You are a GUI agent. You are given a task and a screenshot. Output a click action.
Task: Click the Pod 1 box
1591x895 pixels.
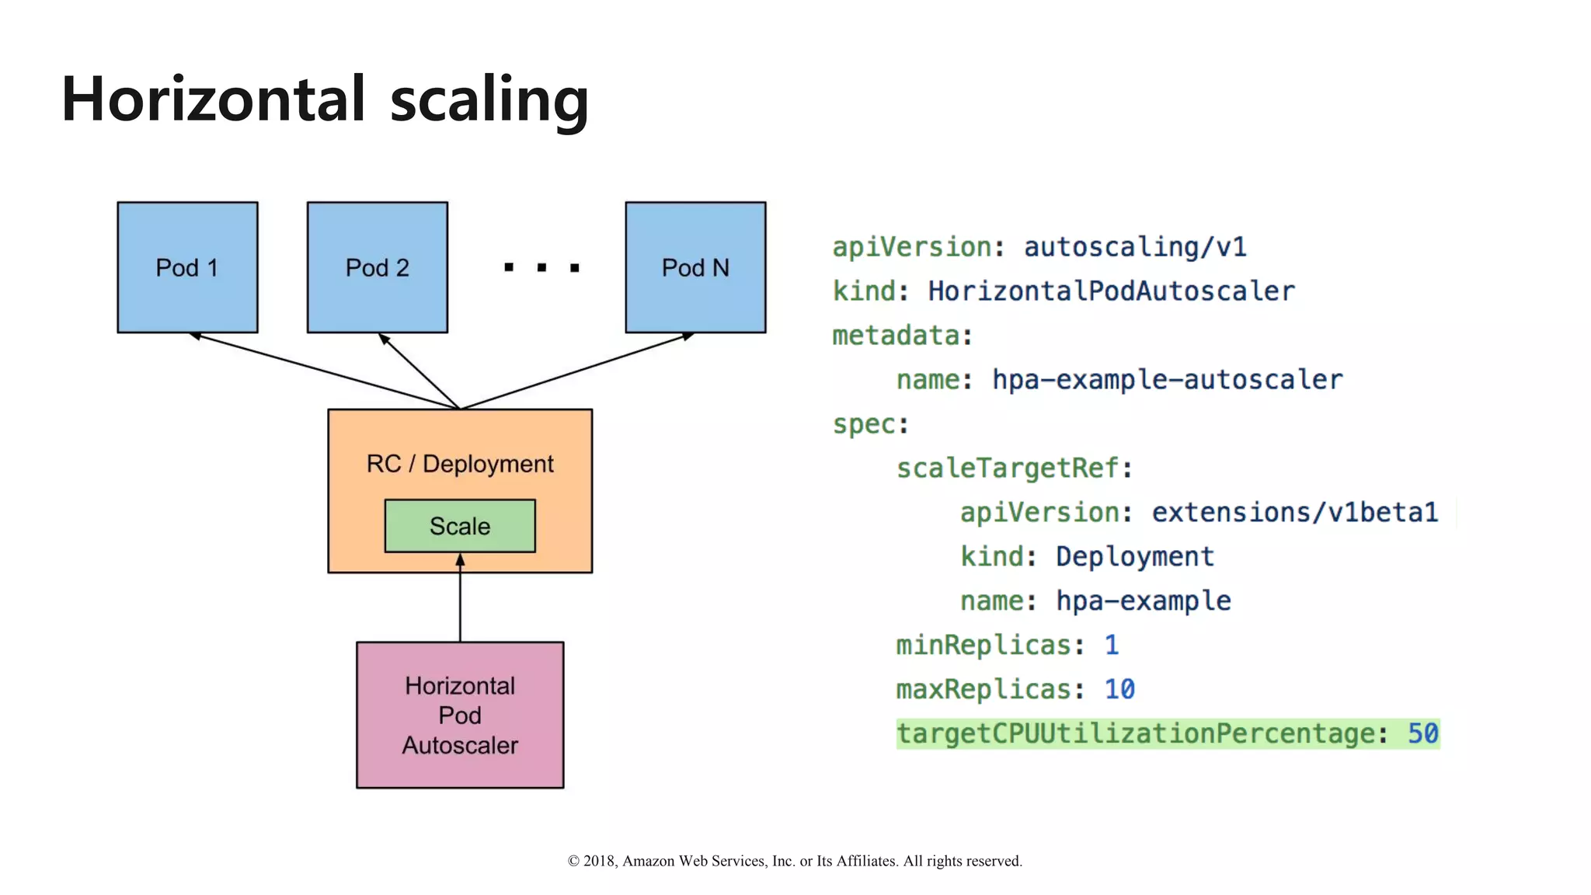coord(187,267)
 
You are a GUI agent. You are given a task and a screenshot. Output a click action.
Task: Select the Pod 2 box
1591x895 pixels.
coord(377,267)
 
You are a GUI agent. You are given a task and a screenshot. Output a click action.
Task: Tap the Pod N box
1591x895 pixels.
coord(695,267)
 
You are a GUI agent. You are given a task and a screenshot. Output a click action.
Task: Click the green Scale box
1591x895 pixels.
coord(460,526)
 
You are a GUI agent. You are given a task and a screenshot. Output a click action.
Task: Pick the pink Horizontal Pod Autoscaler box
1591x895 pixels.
coord(460,715)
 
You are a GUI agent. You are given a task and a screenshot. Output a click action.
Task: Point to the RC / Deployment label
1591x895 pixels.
coord(460,464)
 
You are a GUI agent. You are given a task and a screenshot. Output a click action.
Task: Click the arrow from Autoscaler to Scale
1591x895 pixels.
coord(460,598)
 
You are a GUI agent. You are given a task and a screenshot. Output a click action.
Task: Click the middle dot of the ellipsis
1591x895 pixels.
coord(541,268)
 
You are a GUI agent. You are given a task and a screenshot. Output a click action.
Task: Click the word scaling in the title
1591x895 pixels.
coord(489,100)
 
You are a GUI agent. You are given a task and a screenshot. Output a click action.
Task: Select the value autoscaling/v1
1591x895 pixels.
coord(1135,247)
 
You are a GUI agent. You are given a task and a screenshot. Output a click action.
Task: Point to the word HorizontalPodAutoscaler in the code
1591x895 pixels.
coord(1111,291)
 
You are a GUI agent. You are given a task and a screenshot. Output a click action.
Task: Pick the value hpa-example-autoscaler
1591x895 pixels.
coord(1167,380)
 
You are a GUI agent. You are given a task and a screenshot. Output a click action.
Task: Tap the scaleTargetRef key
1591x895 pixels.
coord(1008,468)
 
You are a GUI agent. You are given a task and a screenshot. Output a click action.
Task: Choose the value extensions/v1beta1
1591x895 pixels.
coord(1294,513)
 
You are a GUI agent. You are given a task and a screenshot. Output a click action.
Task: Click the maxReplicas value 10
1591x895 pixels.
coord(1119,689)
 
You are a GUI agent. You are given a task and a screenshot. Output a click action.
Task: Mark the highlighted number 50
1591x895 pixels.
coord(1423,733)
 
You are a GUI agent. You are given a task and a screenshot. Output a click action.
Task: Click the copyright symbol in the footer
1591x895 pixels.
coord(574,861)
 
